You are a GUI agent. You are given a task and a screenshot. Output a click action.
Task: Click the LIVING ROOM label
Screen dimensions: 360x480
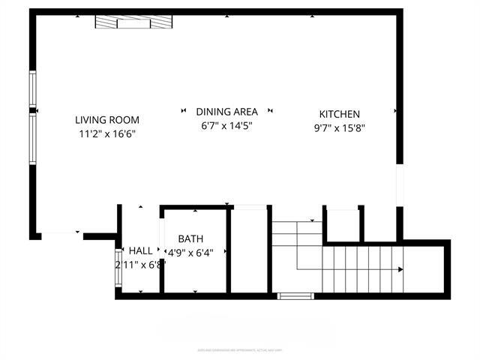pos(107,119)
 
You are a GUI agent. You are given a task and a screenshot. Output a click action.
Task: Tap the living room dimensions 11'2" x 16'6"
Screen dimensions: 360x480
pos(107,134)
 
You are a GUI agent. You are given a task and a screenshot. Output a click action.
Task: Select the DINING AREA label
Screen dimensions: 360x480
pos(226,112)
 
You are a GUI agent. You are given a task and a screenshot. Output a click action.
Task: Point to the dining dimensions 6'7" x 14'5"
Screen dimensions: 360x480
pos(226,126)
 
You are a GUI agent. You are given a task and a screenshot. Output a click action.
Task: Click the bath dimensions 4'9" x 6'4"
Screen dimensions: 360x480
pos(194,252)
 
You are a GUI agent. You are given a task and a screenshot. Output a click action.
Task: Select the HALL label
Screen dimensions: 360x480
pos(140,250)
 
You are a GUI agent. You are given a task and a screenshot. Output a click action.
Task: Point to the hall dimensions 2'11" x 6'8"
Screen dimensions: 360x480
pos(139,265)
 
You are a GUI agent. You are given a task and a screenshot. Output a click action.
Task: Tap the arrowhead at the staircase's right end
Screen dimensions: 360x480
pos(401,269)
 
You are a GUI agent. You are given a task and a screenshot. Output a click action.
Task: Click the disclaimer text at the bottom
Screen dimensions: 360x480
pos(240,349)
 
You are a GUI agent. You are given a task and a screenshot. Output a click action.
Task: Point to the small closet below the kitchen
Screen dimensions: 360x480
pos(343,224)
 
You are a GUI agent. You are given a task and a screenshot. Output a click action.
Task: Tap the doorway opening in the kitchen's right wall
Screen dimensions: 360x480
pos(399,187)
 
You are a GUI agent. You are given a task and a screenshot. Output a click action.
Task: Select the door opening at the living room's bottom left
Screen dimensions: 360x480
pos(61,235)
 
